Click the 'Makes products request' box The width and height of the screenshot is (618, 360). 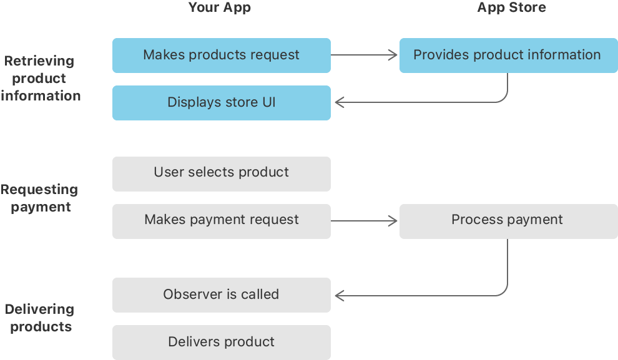pos(221,55)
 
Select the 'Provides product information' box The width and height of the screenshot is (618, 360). pos(508,55)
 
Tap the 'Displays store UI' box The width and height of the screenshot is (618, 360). pos(221,102)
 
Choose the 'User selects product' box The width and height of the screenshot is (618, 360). pos(221,173)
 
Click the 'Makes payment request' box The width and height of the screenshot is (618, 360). pos(221,220)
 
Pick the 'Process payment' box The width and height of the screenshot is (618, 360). pos(508,220)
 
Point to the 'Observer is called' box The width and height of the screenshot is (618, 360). pos(221,294)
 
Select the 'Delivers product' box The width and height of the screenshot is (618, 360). pos(221,342)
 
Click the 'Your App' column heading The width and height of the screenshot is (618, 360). pos(220,8)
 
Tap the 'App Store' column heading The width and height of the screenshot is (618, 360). pos(511,8)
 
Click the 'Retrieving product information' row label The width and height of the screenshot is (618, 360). pos(41,79)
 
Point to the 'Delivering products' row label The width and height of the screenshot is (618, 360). pos(41,318)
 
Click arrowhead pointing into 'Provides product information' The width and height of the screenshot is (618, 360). pos(393,55)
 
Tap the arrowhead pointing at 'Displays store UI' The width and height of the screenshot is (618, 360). pos(340,102)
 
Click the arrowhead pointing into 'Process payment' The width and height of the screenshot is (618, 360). pos(393,220)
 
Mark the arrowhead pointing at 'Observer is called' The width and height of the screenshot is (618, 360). pos(340,294)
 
